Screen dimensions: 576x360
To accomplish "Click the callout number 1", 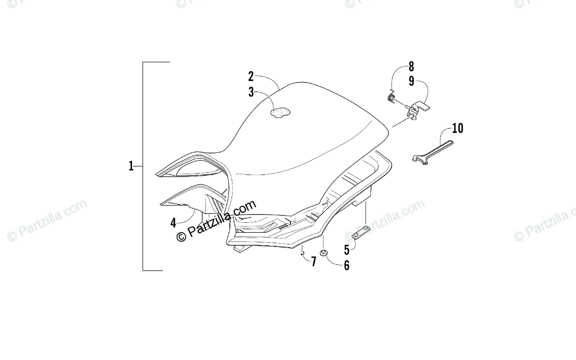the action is pyautogui.click(x=131, y=166).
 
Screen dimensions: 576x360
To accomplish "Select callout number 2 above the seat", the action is pyautogui.click(x=251, y=77).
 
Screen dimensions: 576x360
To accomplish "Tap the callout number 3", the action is pyautogui.click(x=251, y=92).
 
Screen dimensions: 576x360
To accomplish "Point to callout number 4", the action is pyautogui.click(x=174, y=223).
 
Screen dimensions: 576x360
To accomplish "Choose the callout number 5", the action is pyautogui.click(x=347, y=250).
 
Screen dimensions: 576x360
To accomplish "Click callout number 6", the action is pyautogui.click(x=347, y=265).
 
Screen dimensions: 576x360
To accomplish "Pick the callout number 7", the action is pyautogui.click(x=313, y=262).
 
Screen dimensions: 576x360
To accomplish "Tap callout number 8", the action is pyautogui.click(x=411, y=67).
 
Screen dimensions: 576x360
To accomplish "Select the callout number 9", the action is pyautogui.click(x=411, y=81).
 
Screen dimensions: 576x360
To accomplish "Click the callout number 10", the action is pyautogui.click(x=458, y=128).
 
